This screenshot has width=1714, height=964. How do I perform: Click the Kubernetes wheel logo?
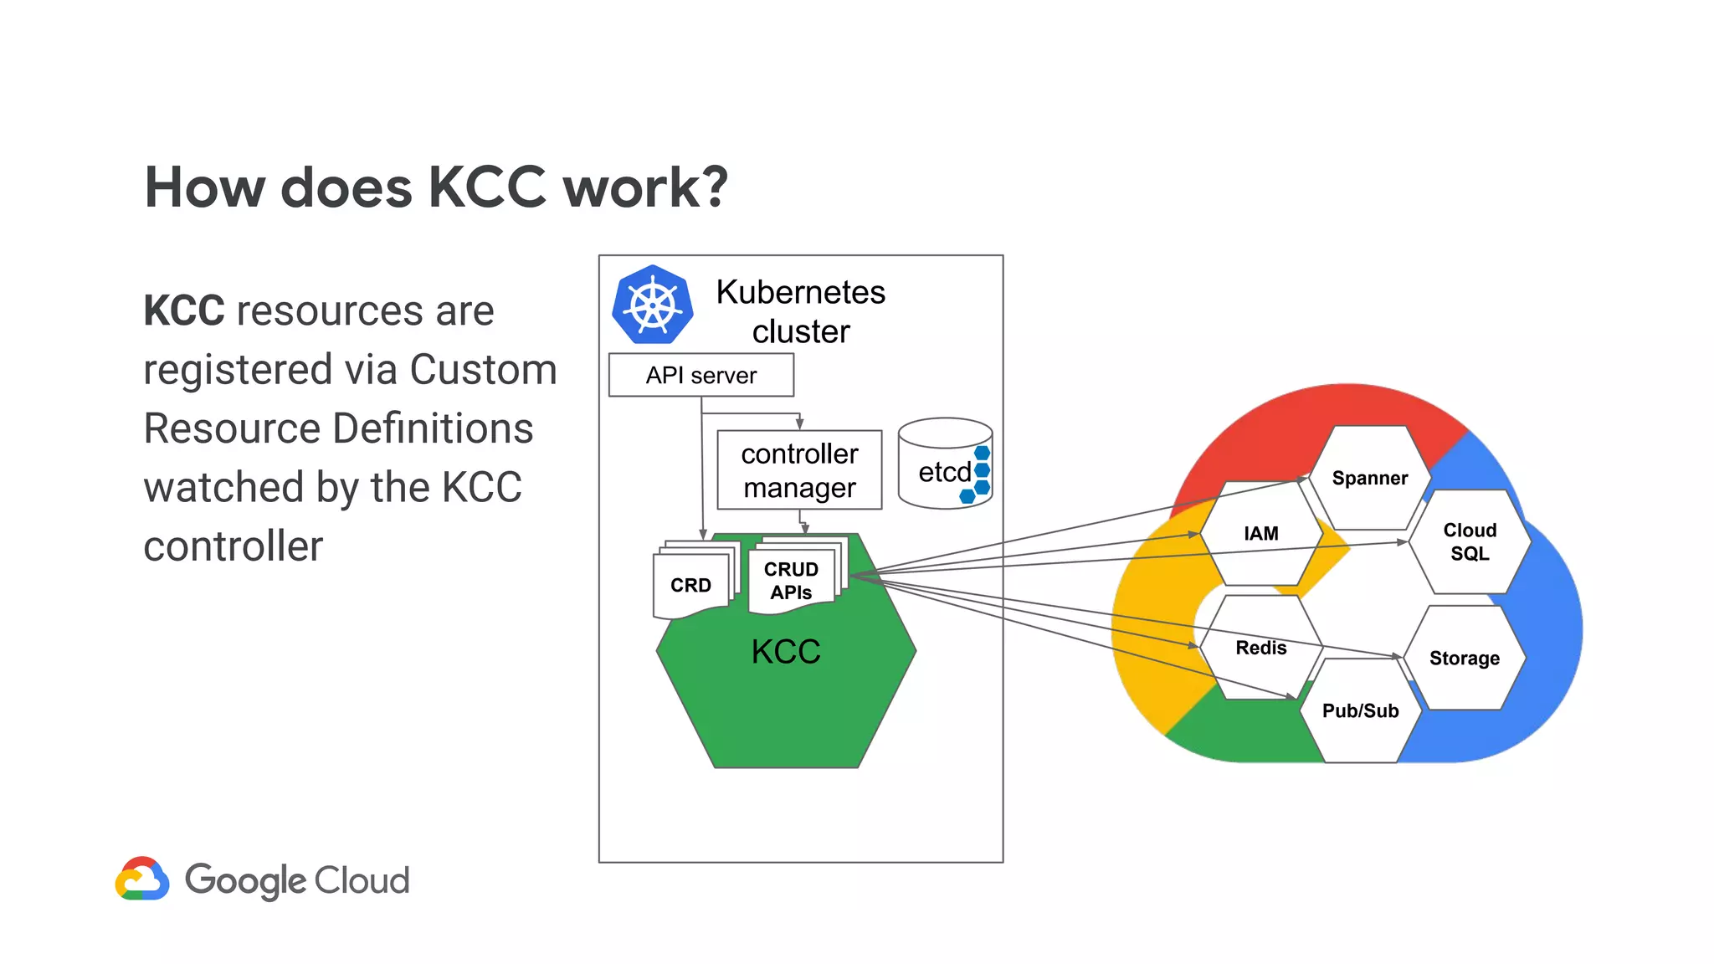(x=652, y=305)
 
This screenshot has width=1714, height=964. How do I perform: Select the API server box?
(x=700, y=375)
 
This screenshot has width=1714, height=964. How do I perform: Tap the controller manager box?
(x=799, y=470)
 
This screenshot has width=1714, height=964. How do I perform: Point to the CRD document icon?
(x=691, y=585)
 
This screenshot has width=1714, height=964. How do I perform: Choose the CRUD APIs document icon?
(x=791, y=580)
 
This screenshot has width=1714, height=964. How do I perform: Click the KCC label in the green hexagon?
(x=785, y=651)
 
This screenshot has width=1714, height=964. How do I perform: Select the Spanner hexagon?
(x=1369, y=478)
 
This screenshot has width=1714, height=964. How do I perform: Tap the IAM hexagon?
(x=1260, y=533)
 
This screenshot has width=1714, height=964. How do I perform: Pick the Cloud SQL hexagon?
(x=1470, y=541)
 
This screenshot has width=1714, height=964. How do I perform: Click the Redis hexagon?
(x=1260, y=648)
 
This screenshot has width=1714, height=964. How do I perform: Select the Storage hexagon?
(x=1464, y=658)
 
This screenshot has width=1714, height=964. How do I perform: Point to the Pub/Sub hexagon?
(x=1360, y=710)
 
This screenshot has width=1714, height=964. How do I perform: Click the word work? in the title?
(x=644, y=187)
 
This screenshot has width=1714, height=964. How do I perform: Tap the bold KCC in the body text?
(x=183, y=311)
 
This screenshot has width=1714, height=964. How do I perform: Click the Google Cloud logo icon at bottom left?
(x=142, y=879)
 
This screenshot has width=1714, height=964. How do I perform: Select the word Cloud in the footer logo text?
(x=362, y=880)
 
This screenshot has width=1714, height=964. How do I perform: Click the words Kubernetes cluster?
(x=800, y=311)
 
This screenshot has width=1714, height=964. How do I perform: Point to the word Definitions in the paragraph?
(x=433, y=428)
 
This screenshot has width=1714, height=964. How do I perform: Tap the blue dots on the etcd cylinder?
(x=978, y=474)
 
